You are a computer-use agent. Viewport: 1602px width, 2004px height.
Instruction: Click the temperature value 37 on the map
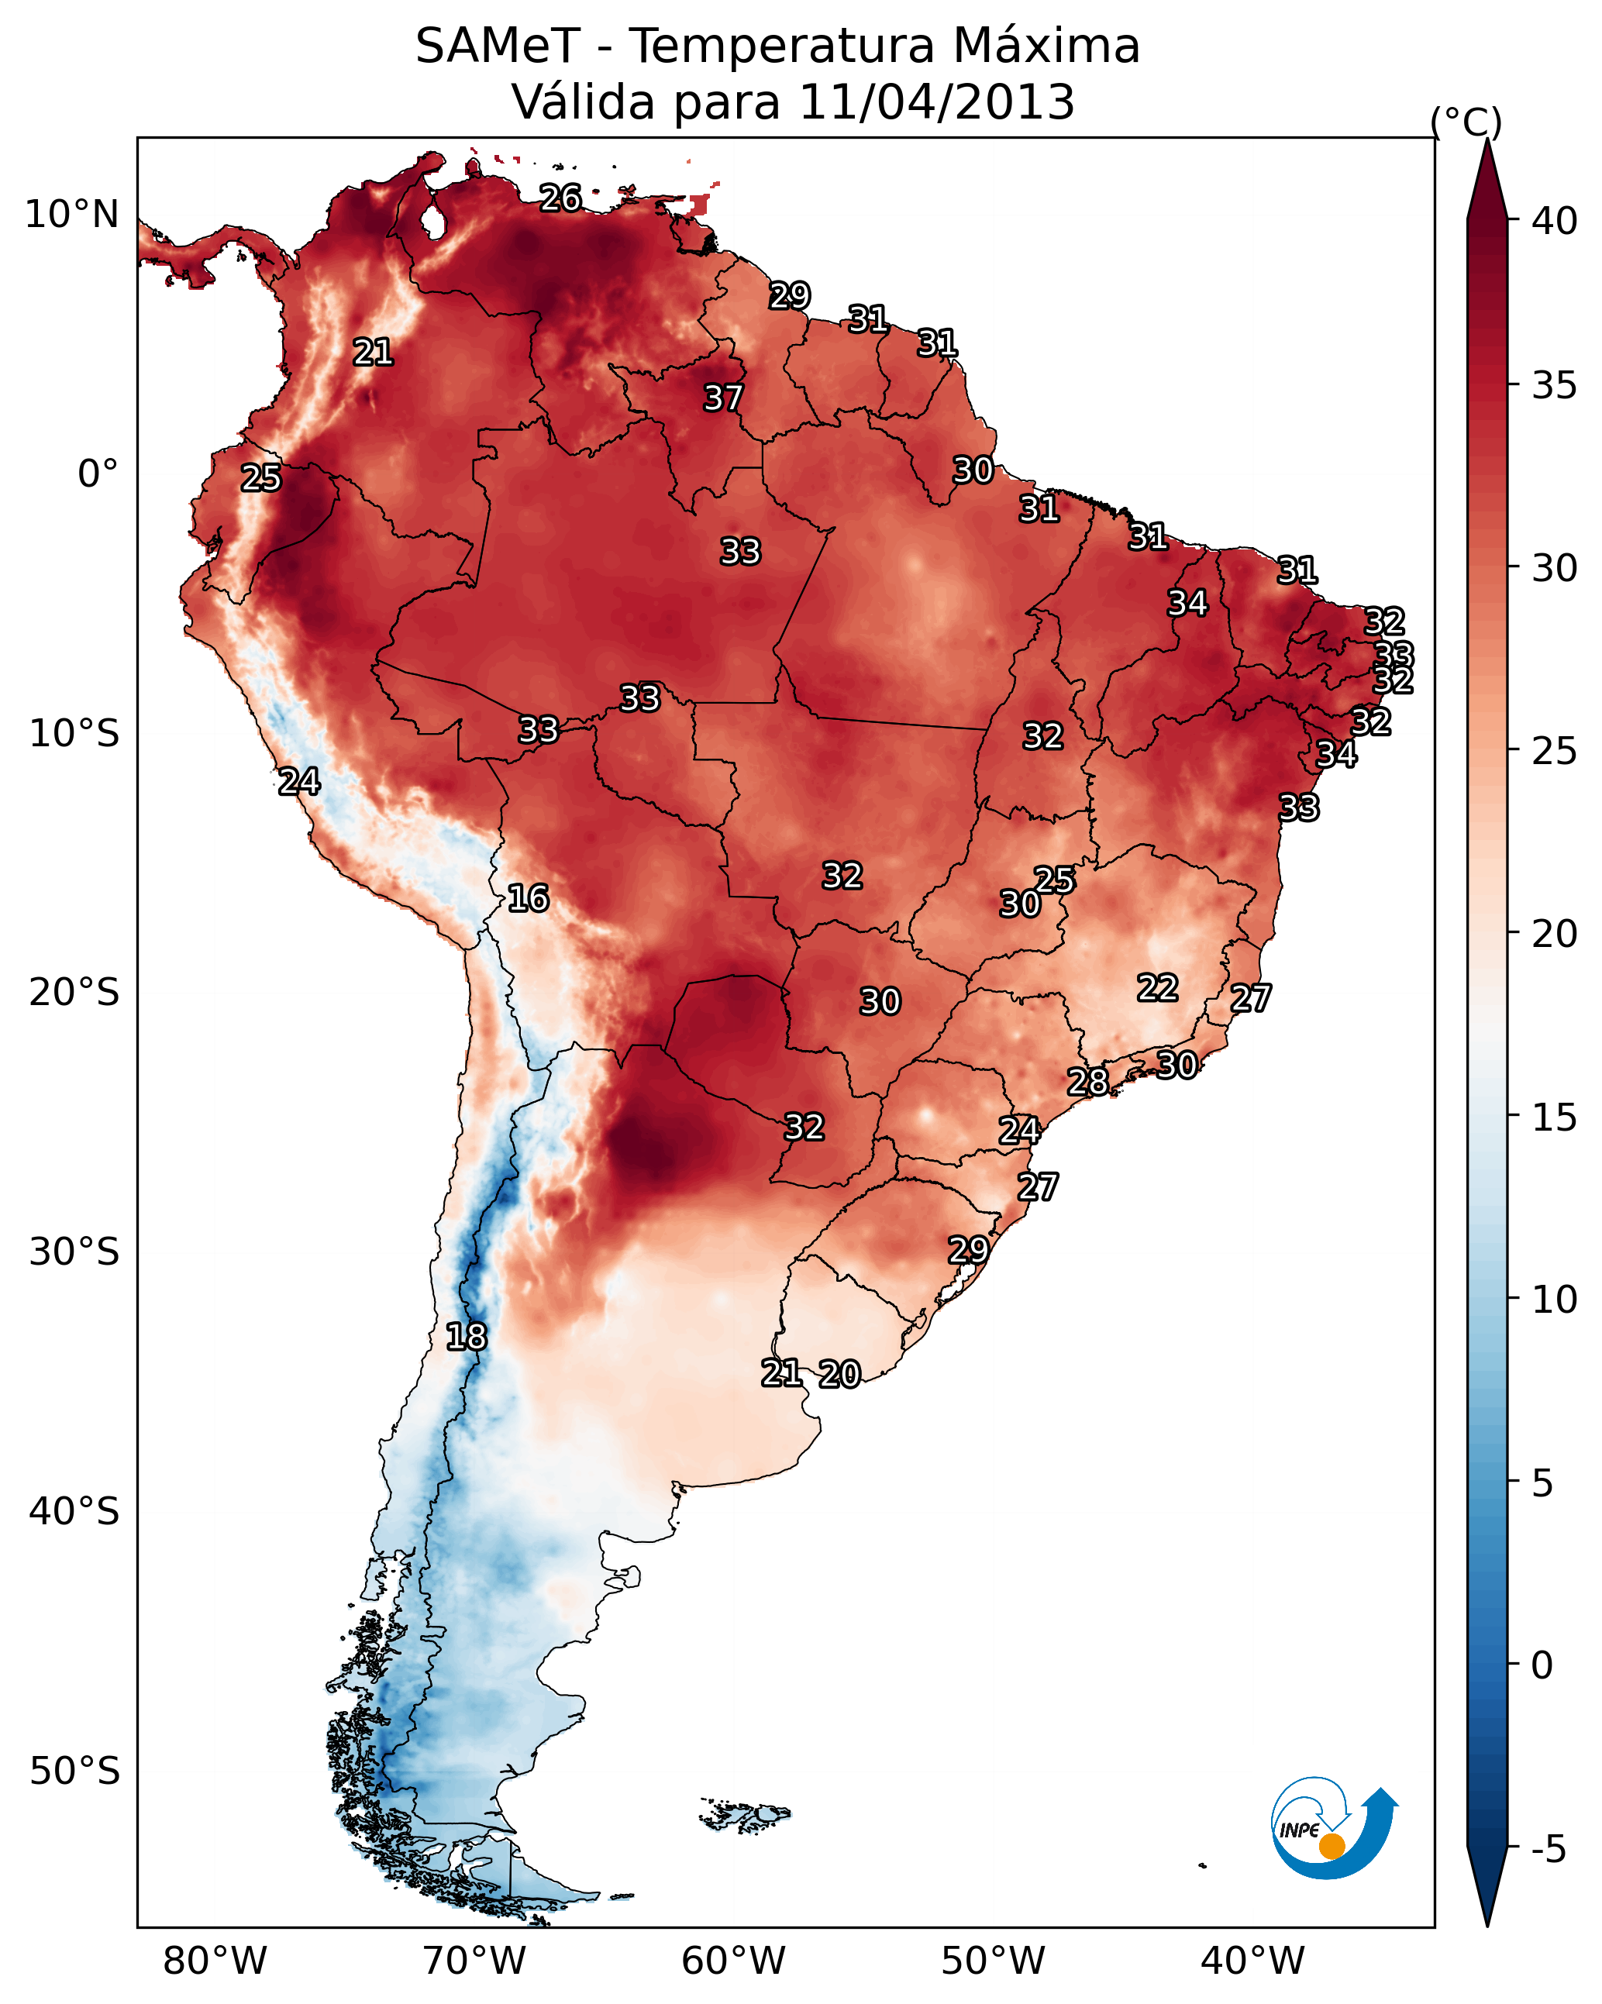(x=722, y=398)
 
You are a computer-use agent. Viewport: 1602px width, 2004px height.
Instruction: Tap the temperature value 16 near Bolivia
(x=527, y=898)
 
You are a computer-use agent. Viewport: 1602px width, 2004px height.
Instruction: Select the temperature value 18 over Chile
(x=466, y=1337)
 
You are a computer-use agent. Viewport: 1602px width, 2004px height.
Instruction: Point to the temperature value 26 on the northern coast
(x=560, y=198)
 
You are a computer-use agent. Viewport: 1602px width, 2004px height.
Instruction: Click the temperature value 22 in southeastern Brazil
(x=1158, y=987)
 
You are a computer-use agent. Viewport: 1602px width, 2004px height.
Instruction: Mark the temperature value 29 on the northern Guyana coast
(x=790, y=295)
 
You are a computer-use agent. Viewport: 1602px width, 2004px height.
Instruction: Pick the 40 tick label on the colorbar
(x=1555, y=221)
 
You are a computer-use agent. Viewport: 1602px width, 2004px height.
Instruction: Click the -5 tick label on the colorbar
(x=1549, y=1850)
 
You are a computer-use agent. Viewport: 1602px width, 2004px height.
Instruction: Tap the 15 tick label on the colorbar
(x=1555, y=1117)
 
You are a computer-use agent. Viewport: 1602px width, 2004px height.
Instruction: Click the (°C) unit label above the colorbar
(x=1466, y=122)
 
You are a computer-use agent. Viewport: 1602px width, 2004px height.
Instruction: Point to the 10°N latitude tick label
(x=71, y=215)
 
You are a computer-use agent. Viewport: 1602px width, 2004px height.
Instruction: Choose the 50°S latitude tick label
(x=74, y=1772)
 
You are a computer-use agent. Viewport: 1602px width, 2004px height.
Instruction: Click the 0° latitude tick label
(x=98, y=474)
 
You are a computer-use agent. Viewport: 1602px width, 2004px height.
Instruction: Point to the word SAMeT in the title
(x=498, y=46)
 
